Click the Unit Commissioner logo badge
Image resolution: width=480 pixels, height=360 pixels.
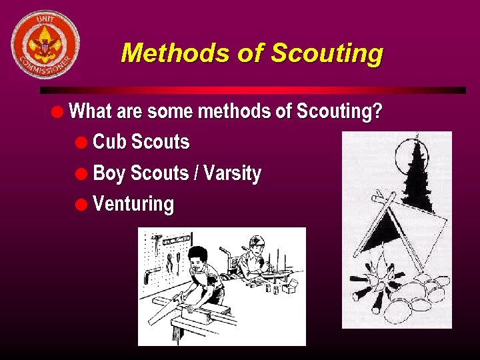tap(45, 44)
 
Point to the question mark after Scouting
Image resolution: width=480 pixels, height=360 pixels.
tap(377, 111)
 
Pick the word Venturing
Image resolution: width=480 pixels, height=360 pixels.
tap(133, 204)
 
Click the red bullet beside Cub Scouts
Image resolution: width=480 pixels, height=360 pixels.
tap(81, 143)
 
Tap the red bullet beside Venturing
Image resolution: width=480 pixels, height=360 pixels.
tap(81, 205)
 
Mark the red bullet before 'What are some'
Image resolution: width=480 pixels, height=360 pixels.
tap(59, 111)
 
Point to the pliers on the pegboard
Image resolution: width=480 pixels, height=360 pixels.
tap(170, 260)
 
